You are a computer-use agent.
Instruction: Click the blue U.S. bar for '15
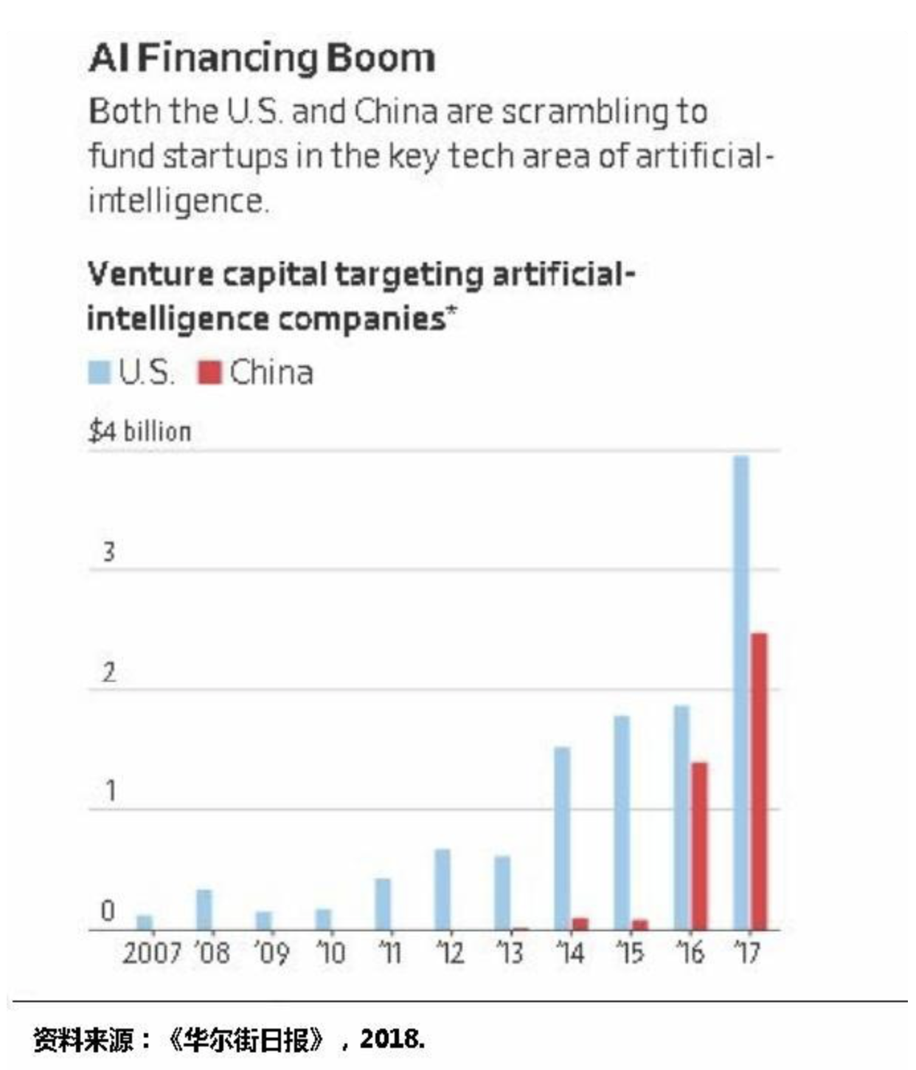click(622, 822)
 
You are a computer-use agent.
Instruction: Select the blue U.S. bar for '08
click(204, 909)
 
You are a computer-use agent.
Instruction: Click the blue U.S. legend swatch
click(99, 373)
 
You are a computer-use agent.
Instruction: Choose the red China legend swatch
click(209, 373)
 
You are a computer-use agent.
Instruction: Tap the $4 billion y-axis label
click(139, 431)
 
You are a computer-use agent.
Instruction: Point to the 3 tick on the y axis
click(108, 551)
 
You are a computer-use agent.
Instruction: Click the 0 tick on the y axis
click(108, 911)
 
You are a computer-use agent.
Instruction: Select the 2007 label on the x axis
click(151, 953)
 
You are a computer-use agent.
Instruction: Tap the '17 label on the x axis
click(748, 953)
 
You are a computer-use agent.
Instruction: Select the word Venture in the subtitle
click(150, 275)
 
